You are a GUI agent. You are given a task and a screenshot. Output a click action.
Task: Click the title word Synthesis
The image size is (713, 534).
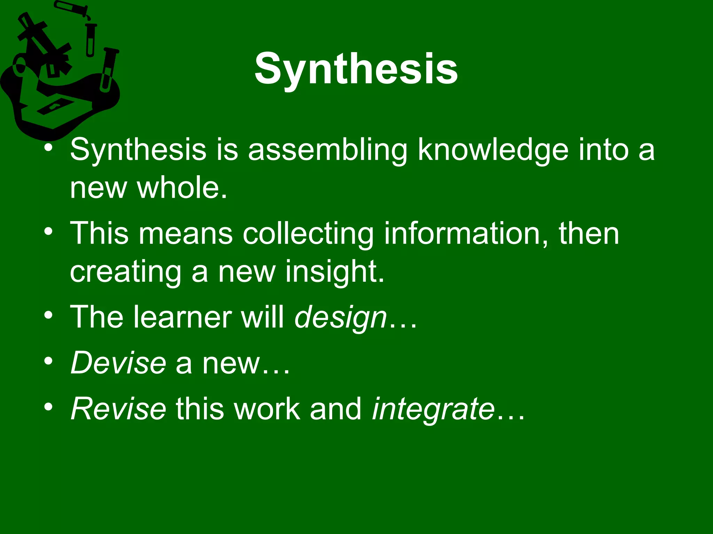(x=356, y=69)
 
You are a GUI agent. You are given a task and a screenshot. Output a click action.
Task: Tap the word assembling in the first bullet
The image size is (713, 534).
(x=328, y=150)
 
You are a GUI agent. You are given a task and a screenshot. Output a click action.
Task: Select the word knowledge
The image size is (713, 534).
(x=493, y=150)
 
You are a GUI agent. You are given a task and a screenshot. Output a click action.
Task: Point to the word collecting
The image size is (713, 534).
(x=308, y=234)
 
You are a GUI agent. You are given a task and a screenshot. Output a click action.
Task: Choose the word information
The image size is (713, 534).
(x=467, y=234)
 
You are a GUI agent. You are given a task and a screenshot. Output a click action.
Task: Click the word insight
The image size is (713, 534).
(x=335, y=272)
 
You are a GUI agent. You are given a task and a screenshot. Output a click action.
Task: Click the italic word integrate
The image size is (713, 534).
(x=433, y=408)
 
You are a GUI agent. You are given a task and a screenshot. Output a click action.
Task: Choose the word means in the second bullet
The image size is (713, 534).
(x=186, y=234)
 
